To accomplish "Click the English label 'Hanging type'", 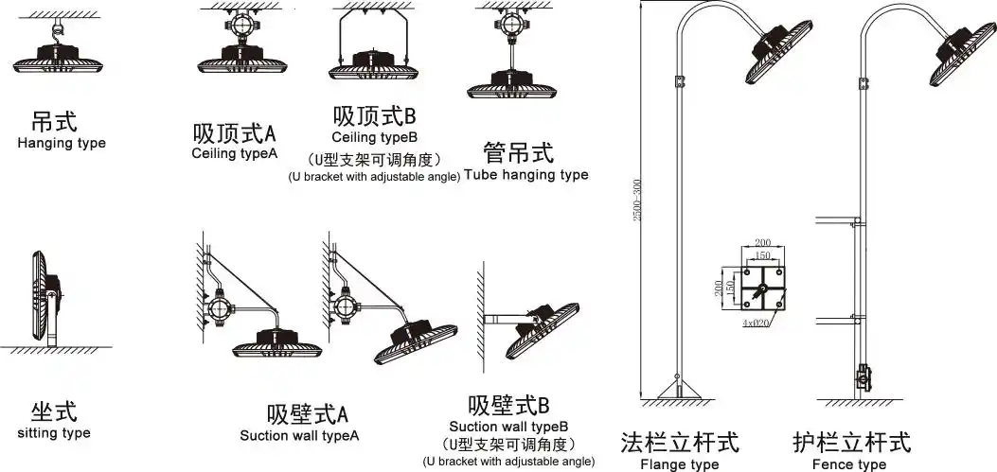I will coord(62,144).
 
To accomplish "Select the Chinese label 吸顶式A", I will coord(234,132).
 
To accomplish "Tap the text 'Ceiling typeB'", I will coord(374,138).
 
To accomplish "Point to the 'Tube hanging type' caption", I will coord(525,175).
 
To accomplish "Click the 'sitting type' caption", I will coord(54,433).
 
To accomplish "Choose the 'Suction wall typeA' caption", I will coord(299,436).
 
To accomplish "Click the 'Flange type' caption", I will coord(679,464).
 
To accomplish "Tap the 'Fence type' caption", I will coord(849,464).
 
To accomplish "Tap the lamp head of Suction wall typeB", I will coord(544,326).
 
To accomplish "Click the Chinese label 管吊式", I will coord(518,152).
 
